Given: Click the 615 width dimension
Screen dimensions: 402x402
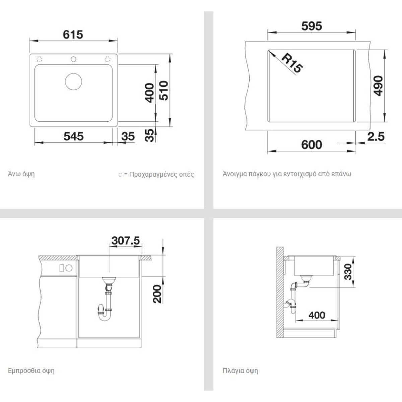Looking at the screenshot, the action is [73, 35].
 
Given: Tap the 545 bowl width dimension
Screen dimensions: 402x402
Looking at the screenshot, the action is [73, 136].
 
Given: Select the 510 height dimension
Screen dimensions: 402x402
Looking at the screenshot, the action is [163, 90].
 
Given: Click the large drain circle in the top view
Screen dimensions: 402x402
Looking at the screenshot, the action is [73, 81].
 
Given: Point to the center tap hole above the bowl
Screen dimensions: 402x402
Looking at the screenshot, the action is [73, 59].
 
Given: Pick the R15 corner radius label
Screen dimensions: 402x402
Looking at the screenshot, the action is [292, 63].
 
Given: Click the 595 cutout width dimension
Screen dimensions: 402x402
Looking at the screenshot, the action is [312, 26].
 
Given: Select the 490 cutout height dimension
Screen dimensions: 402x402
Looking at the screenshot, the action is [378, 86].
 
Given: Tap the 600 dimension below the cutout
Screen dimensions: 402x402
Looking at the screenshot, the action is [312, 145].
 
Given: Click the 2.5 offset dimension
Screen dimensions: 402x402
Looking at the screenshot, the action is [376, 137].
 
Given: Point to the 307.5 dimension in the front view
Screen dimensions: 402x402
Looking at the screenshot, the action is [126, 241].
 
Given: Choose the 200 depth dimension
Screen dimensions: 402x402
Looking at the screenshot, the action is [157, 294].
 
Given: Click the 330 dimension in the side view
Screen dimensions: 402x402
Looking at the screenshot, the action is [348, 271].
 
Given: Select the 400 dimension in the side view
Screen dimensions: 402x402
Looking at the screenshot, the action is [317, 315].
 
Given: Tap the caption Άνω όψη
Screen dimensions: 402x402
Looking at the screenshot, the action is [21, 174].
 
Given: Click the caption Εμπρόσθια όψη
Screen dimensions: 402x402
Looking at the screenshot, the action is [31, 371].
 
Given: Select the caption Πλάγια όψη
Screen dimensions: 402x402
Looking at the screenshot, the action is [240, 371].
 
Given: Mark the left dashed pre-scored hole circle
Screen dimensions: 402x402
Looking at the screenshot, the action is [40, 59].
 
